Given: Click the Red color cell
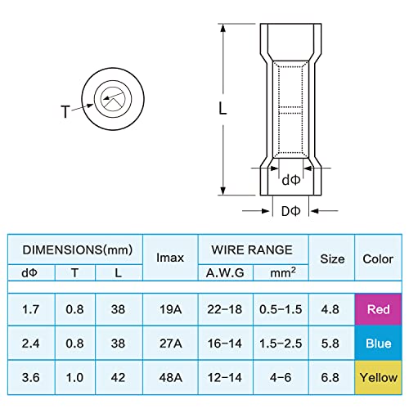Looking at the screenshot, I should [377, 311].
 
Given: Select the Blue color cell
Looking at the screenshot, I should [377, 344].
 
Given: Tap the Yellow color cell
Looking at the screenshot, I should [377, 377].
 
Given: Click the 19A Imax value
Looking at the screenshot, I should [170, 311].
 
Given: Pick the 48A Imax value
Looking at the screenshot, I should [170, 377].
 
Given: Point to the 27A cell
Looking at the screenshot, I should [170, 344].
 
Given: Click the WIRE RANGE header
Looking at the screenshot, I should [254, 248].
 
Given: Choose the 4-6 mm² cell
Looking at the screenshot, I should [281, 377].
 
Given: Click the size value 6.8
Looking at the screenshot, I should [331, 377].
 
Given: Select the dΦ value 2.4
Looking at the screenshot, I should [29, 344].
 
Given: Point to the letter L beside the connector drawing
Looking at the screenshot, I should [222, 107].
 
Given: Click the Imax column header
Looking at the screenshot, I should [170, 258].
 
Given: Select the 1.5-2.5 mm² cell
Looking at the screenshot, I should [281, 344].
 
